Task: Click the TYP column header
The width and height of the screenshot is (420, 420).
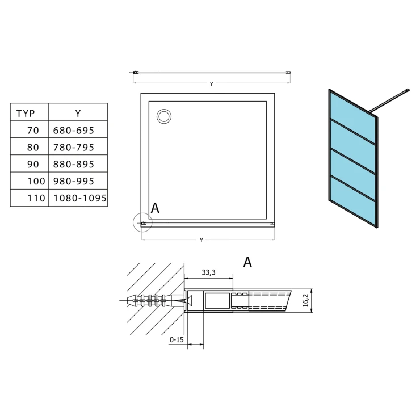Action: point(26,114)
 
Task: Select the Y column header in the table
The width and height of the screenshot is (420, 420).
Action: point(78,114)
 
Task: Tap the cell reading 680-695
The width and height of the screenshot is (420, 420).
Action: point(74,131)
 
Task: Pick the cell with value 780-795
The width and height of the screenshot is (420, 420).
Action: point(74,148)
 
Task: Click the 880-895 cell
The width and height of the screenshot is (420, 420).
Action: point(74,164)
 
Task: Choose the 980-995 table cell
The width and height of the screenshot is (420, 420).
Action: point(74,182)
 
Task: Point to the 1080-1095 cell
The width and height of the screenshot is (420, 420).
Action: point(80,198)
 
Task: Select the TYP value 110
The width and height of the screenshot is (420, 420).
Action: point(36,198)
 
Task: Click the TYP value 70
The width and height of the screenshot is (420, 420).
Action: point(33,131)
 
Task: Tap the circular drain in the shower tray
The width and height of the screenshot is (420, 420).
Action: point(164,116)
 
